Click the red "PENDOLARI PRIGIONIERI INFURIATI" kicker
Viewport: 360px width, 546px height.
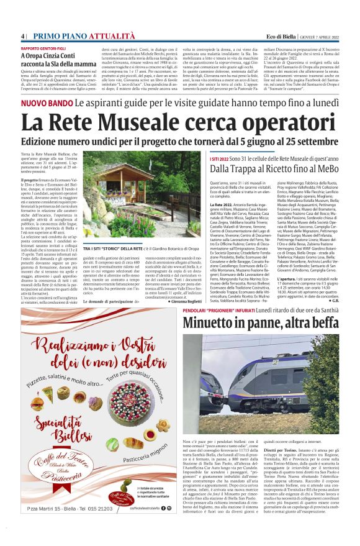(232, 308)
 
